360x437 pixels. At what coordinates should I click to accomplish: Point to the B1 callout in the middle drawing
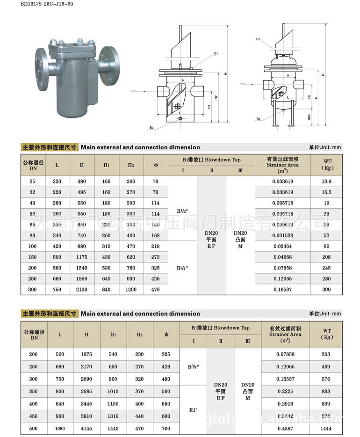(216, 54)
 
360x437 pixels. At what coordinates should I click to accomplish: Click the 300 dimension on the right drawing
(309, 117)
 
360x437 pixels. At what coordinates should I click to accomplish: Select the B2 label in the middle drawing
(151, 127)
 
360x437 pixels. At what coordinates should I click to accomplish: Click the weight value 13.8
(326, 182)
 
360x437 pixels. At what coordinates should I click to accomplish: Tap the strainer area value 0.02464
(282, 246)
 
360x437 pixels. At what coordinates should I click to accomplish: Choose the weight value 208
(326, 257)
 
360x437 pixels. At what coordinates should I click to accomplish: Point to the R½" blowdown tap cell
(182, 208)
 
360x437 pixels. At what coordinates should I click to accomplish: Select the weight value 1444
(326, 429)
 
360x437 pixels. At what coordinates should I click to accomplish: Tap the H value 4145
(86, 429)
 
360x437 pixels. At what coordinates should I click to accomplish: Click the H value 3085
(86, 391)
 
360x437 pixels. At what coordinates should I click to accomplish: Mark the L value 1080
(59, 429)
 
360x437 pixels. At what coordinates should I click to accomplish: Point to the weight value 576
(326, 379)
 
